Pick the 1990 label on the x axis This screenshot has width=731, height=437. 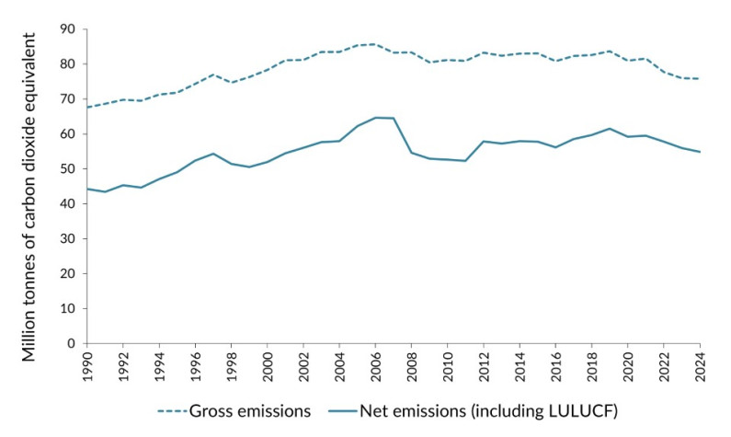(87, 365)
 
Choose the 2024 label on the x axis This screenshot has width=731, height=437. (700, 365)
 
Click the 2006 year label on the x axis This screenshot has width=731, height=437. (375, 365)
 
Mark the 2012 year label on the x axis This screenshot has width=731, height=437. (484, 365)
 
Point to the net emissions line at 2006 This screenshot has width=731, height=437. (375, 117)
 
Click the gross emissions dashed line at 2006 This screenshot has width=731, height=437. (375, 43)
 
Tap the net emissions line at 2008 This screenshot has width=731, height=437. (411, 152)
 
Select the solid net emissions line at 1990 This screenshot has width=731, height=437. (87, 189)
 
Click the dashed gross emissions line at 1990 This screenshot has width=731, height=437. (87, 107)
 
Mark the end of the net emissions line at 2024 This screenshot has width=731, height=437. (700, 152)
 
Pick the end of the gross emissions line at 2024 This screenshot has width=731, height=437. (700, 78)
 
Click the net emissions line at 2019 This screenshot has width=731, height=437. (610, 128)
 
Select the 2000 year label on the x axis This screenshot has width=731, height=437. (268, 365)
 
